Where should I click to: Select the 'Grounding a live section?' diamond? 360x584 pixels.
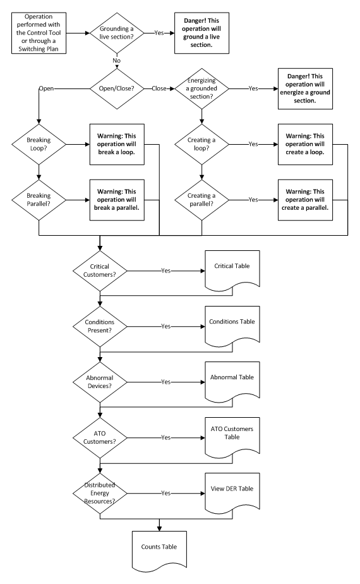117,31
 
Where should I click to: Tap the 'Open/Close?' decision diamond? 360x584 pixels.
117,88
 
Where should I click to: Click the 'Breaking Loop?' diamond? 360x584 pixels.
39,144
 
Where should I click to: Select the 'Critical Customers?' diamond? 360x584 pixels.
100,270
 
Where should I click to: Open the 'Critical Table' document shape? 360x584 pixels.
232,269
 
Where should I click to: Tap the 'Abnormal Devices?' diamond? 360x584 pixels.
100,381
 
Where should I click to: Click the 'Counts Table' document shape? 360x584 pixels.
160,548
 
